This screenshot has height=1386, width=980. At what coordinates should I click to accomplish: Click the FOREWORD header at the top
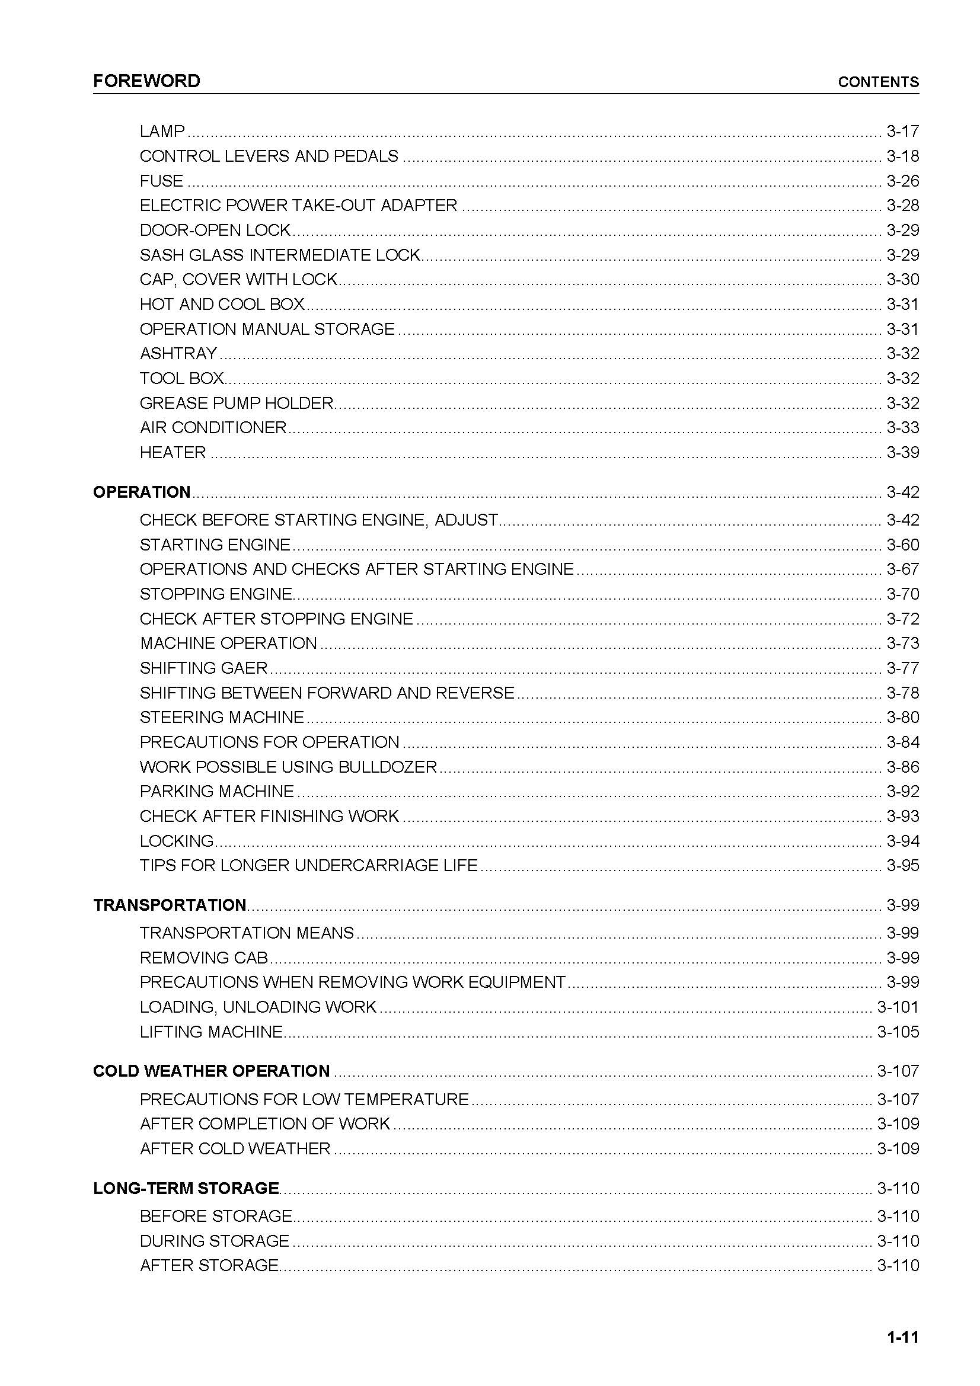pyautogui.click(x=146, y=81)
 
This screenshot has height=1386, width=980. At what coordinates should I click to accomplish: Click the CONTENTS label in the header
pyautogui.click(x=878, y=82)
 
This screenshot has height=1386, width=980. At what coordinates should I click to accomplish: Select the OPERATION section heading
pyautogui.click(x=142, y=492)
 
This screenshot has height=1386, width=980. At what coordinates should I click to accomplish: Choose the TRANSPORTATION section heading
pyautogui.click(x=170, y=905)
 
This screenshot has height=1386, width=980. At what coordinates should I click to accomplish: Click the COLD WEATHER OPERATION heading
pyautogui.click(x=211, y=1071)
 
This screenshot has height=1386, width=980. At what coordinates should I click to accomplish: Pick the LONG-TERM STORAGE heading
pyautogui.click(x=186, y=1188)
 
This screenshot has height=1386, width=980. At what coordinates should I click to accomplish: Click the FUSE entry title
pyautogui.click(x=161, y=181)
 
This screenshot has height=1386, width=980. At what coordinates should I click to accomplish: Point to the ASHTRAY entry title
pyautogui.click(x=178, y=353)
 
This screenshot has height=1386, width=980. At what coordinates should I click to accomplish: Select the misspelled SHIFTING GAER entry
pyautogui.click(x=203, y=668)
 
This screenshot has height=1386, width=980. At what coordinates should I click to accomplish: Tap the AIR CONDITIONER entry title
pyautogui.click(x=213, y=427)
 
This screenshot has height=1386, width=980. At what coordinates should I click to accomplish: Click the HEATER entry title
pyautogui.click(x=173, y=452)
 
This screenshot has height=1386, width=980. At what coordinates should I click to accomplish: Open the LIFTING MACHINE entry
pyautogui.click(x=211, y=1032)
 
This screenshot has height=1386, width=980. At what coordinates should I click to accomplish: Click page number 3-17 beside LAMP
pyautogui.click(x=902, y=131)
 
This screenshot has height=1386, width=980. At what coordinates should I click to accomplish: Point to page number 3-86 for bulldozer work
pyautogui.click(x=902, y=767)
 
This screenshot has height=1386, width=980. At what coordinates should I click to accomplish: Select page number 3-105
pyautogui.click(x=898, y=1032)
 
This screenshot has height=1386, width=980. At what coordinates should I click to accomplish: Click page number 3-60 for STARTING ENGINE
pyautogui.click(x=902, y=545)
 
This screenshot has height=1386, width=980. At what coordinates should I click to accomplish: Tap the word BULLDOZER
pyautogui.click(x=388, y=767)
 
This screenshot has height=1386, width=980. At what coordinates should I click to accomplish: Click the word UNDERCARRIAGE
pyautogui.click(x=366, y=865)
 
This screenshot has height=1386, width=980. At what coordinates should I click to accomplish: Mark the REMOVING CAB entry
pyautogui.click(x=204, y=958)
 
